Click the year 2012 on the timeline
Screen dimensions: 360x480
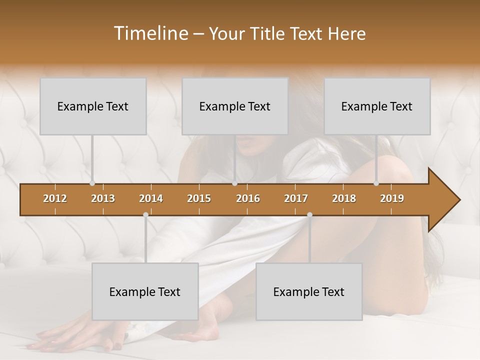[x=55, y=198]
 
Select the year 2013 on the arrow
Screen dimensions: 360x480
[x=103, y=198]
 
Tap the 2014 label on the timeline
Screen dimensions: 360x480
[x=151, y=198]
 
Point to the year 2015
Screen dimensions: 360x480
[x=199, y=198]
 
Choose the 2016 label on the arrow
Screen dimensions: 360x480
[x=248, y=198]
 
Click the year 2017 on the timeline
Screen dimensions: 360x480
[x=296, y=198]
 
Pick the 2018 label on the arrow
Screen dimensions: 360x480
[x=344, y=198]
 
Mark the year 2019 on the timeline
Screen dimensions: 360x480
[x=392, y=198]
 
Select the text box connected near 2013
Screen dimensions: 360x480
[x=93, y=106]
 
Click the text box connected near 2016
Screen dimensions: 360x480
[x=235, y=106]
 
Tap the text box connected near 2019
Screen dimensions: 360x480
[x=377, y=106]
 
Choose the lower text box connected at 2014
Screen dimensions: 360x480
[x=145, y=291]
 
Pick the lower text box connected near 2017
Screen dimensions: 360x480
[x=309, y=291]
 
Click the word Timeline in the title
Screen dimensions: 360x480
[x=150, y=33]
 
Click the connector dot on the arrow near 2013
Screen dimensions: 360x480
[x=92, y=183]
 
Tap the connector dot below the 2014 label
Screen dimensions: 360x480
[x=145, y=215]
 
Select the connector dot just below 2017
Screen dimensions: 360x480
[x=309, y=215]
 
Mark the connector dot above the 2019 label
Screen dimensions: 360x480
[x=376, y=183]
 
